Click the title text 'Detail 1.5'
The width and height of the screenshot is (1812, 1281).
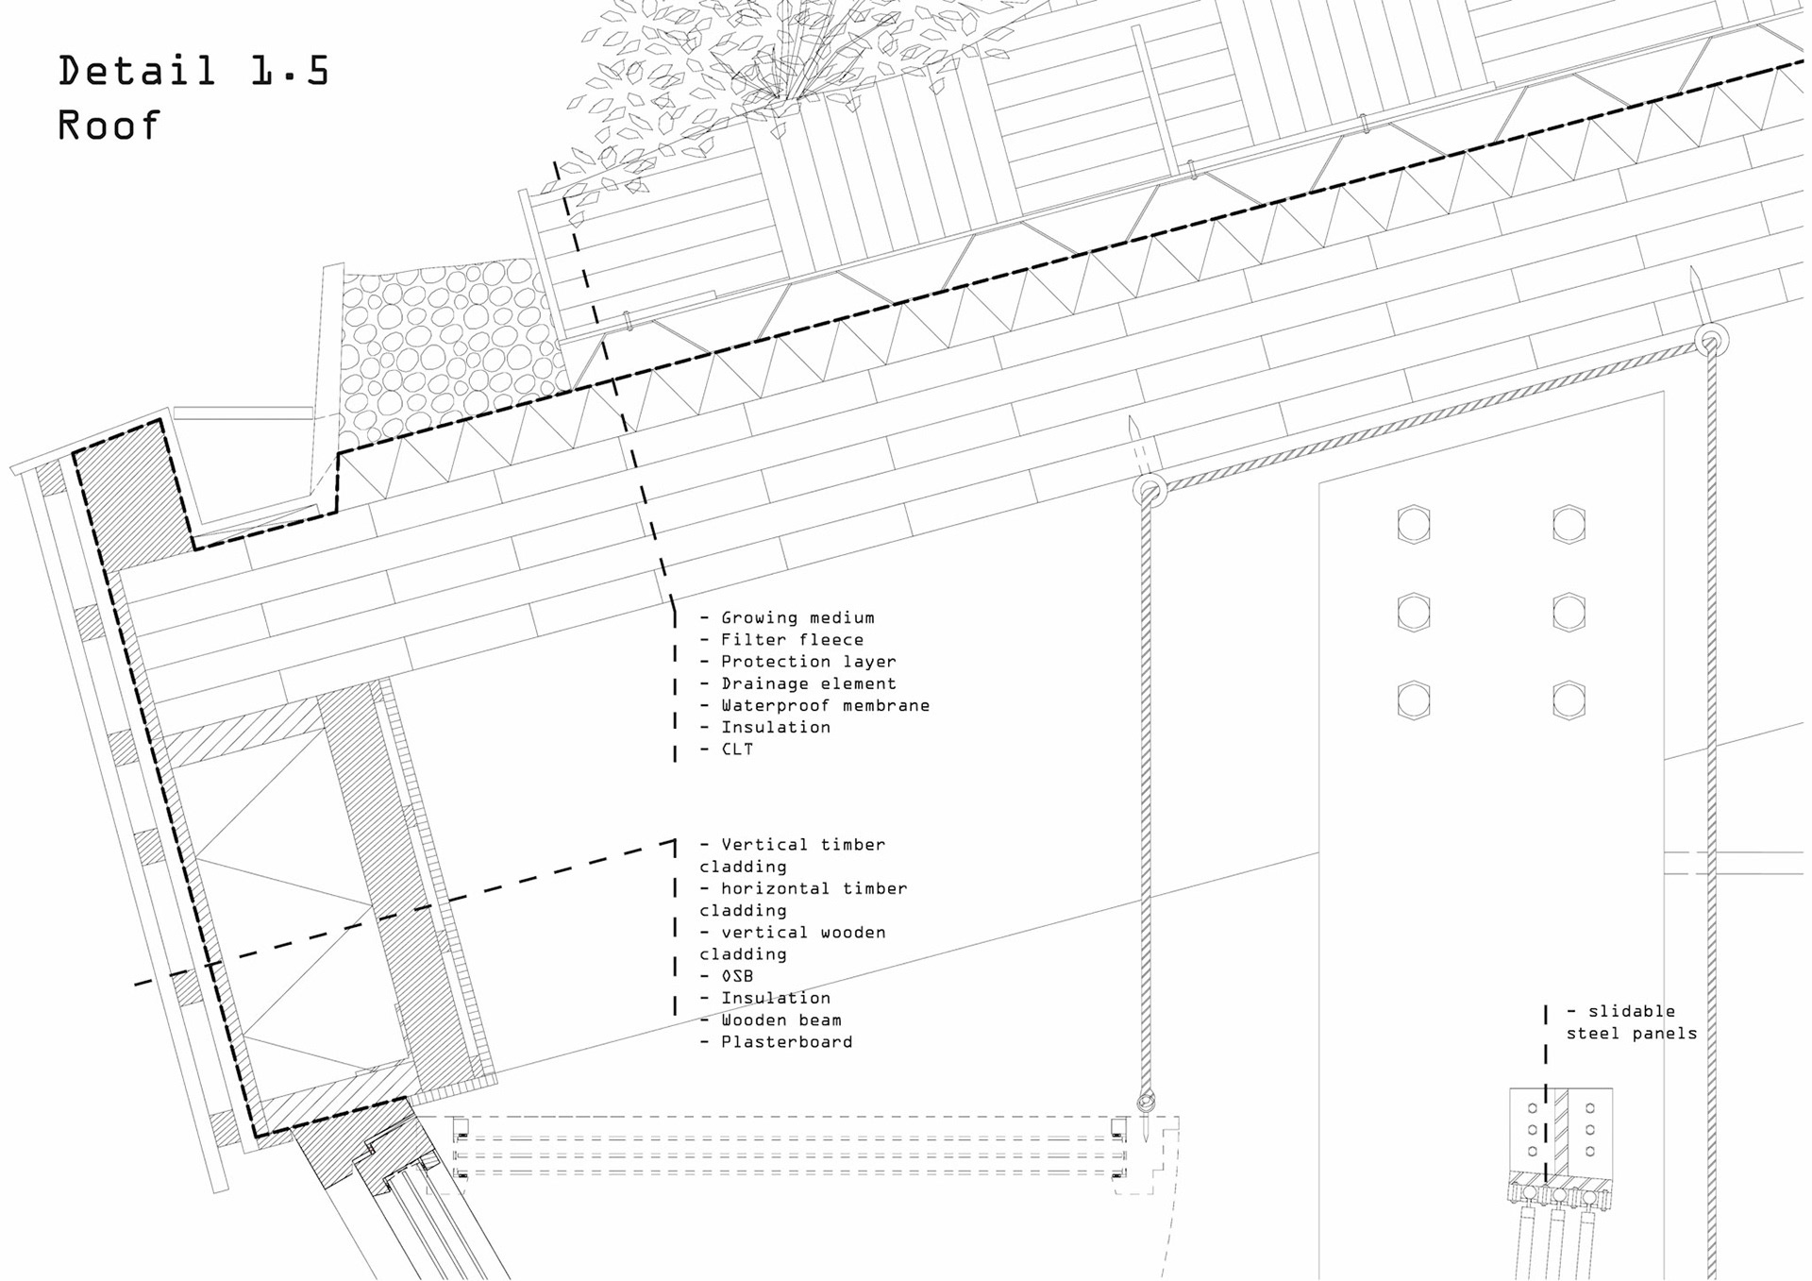(x=193, y=72)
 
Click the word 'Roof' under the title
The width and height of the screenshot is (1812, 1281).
(x=109, y=126)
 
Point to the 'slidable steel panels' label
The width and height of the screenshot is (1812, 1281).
(x=1631, y=1022)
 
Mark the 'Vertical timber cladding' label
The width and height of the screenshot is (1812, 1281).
(x=792, y=855)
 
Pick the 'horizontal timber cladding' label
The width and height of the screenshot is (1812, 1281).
(x=802, y=899)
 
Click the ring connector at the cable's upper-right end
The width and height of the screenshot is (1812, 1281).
(x=1710, y=341)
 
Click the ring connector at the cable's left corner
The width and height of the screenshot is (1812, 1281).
(x=1149, y=491)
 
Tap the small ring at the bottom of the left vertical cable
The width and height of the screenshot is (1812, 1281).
(x=1146, y=1101)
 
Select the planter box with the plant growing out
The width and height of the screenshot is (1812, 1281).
(x=882, y=179)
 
